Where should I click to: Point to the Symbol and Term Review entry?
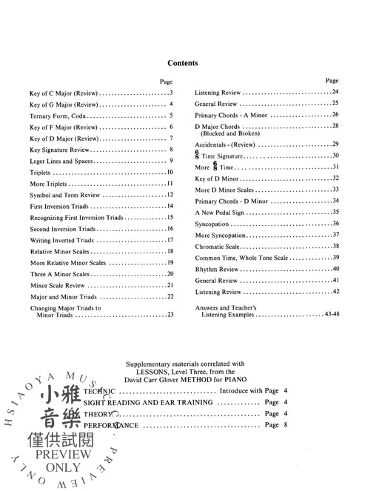(67, 195)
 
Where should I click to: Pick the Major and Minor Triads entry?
(64, 296)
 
